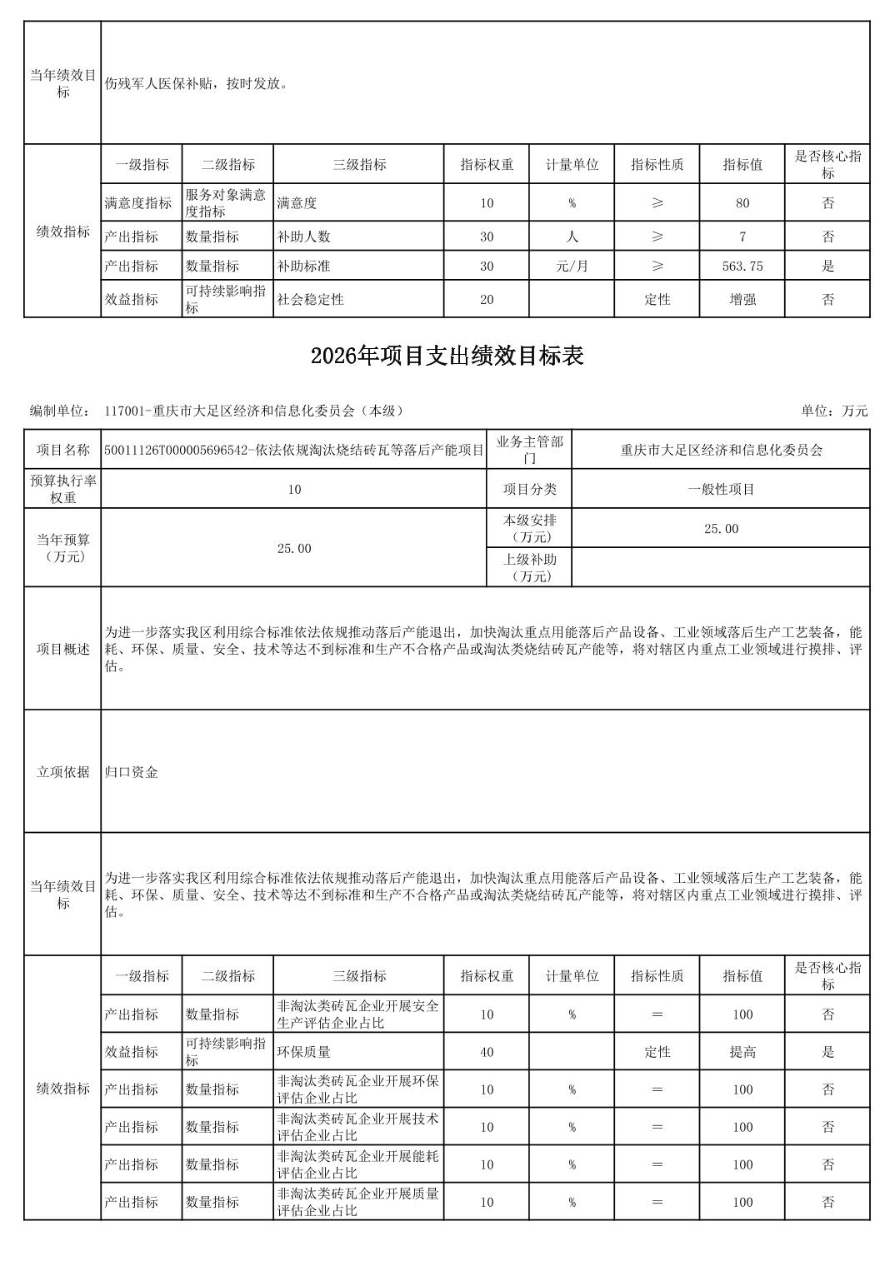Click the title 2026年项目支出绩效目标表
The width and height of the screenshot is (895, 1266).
[447, 356]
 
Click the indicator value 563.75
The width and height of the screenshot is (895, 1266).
[742, 267]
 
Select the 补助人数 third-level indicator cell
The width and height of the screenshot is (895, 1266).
[304, 237]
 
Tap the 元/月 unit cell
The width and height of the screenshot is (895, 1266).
[572, 267]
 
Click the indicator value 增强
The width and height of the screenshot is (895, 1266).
[742, 300]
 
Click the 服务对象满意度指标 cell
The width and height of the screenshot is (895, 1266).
[226, 203]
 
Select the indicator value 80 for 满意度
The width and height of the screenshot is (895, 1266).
[742, 203]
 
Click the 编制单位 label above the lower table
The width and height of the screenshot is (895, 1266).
[59, 411]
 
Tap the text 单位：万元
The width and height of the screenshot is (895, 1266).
[834, 411]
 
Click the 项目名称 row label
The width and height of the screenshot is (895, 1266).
[62, 450]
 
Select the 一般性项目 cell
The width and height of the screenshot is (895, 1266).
[721, 489]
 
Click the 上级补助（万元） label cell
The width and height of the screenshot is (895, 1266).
[529, 567]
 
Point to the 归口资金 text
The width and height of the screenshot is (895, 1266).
[132, 772]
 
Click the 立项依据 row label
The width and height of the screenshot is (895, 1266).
[62, 772]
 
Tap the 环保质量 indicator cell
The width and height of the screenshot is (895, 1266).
[304, 1052]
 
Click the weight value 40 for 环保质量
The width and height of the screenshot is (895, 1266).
[487, 1052]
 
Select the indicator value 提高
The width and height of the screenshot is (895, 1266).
[742, 1052]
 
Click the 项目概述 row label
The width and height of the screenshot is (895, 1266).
[62, 649]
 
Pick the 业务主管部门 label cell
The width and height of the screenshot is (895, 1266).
[529, 450]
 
